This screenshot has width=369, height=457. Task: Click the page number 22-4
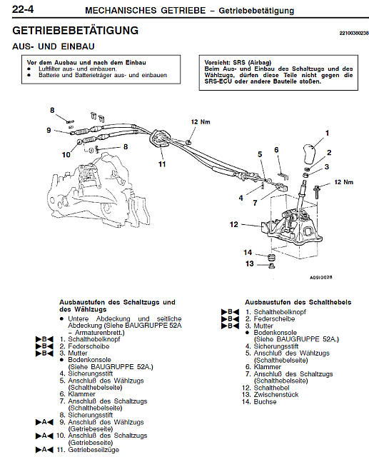pos(23,9)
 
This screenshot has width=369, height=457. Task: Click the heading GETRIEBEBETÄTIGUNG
pos(76,31)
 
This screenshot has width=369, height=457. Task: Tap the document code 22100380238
pos(354,33)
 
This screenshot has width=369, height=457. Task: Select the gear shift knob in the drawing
pos(310,154)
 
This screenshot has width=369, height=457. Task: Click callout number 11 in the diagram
pos(162,164)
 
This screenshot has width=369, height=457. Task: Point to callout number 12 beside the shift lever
pos(234,224)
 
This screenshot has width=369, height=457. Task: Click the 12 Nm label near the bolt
pos(343,182)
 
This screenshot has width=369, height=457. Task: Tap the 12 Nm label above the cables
pos(201,122)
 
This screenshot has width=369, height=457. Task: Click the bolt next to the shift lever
pos(317,191)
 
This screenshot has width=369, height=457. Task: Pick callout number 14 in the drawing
pos(248,252)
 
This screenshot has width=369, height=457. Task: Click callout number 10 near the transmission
pos(66,154)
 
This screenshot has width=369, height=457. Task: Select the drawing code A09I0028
pos(320,277)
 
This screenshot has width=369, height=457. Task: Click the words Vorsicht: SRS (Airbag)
pos(238,62)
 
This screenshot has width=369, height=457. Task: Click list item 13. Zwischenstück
pos(270,395)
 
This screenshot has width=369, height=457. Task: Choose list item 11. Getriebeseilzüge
pos(88,450)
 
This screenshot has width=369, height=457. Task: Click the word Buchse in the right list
pos(265,401)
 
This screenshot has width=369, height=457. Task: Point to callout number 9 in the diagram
pos(49,130)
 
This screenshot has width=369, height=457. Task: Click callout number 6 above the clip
pos(276,150)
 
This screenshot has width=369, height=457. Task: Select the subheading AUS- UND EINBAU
pos(54,46)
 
